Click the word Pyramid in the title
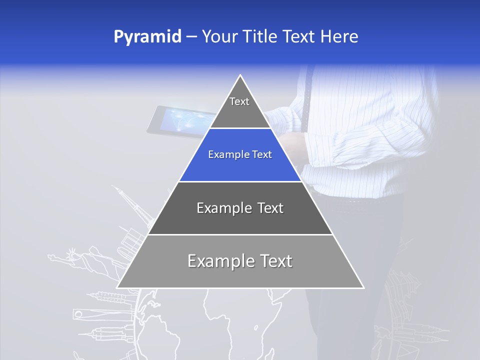click(147, 37)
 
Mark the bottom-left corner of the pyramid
click(117, 287)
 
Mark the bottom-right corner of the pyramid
click(363, 287)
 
